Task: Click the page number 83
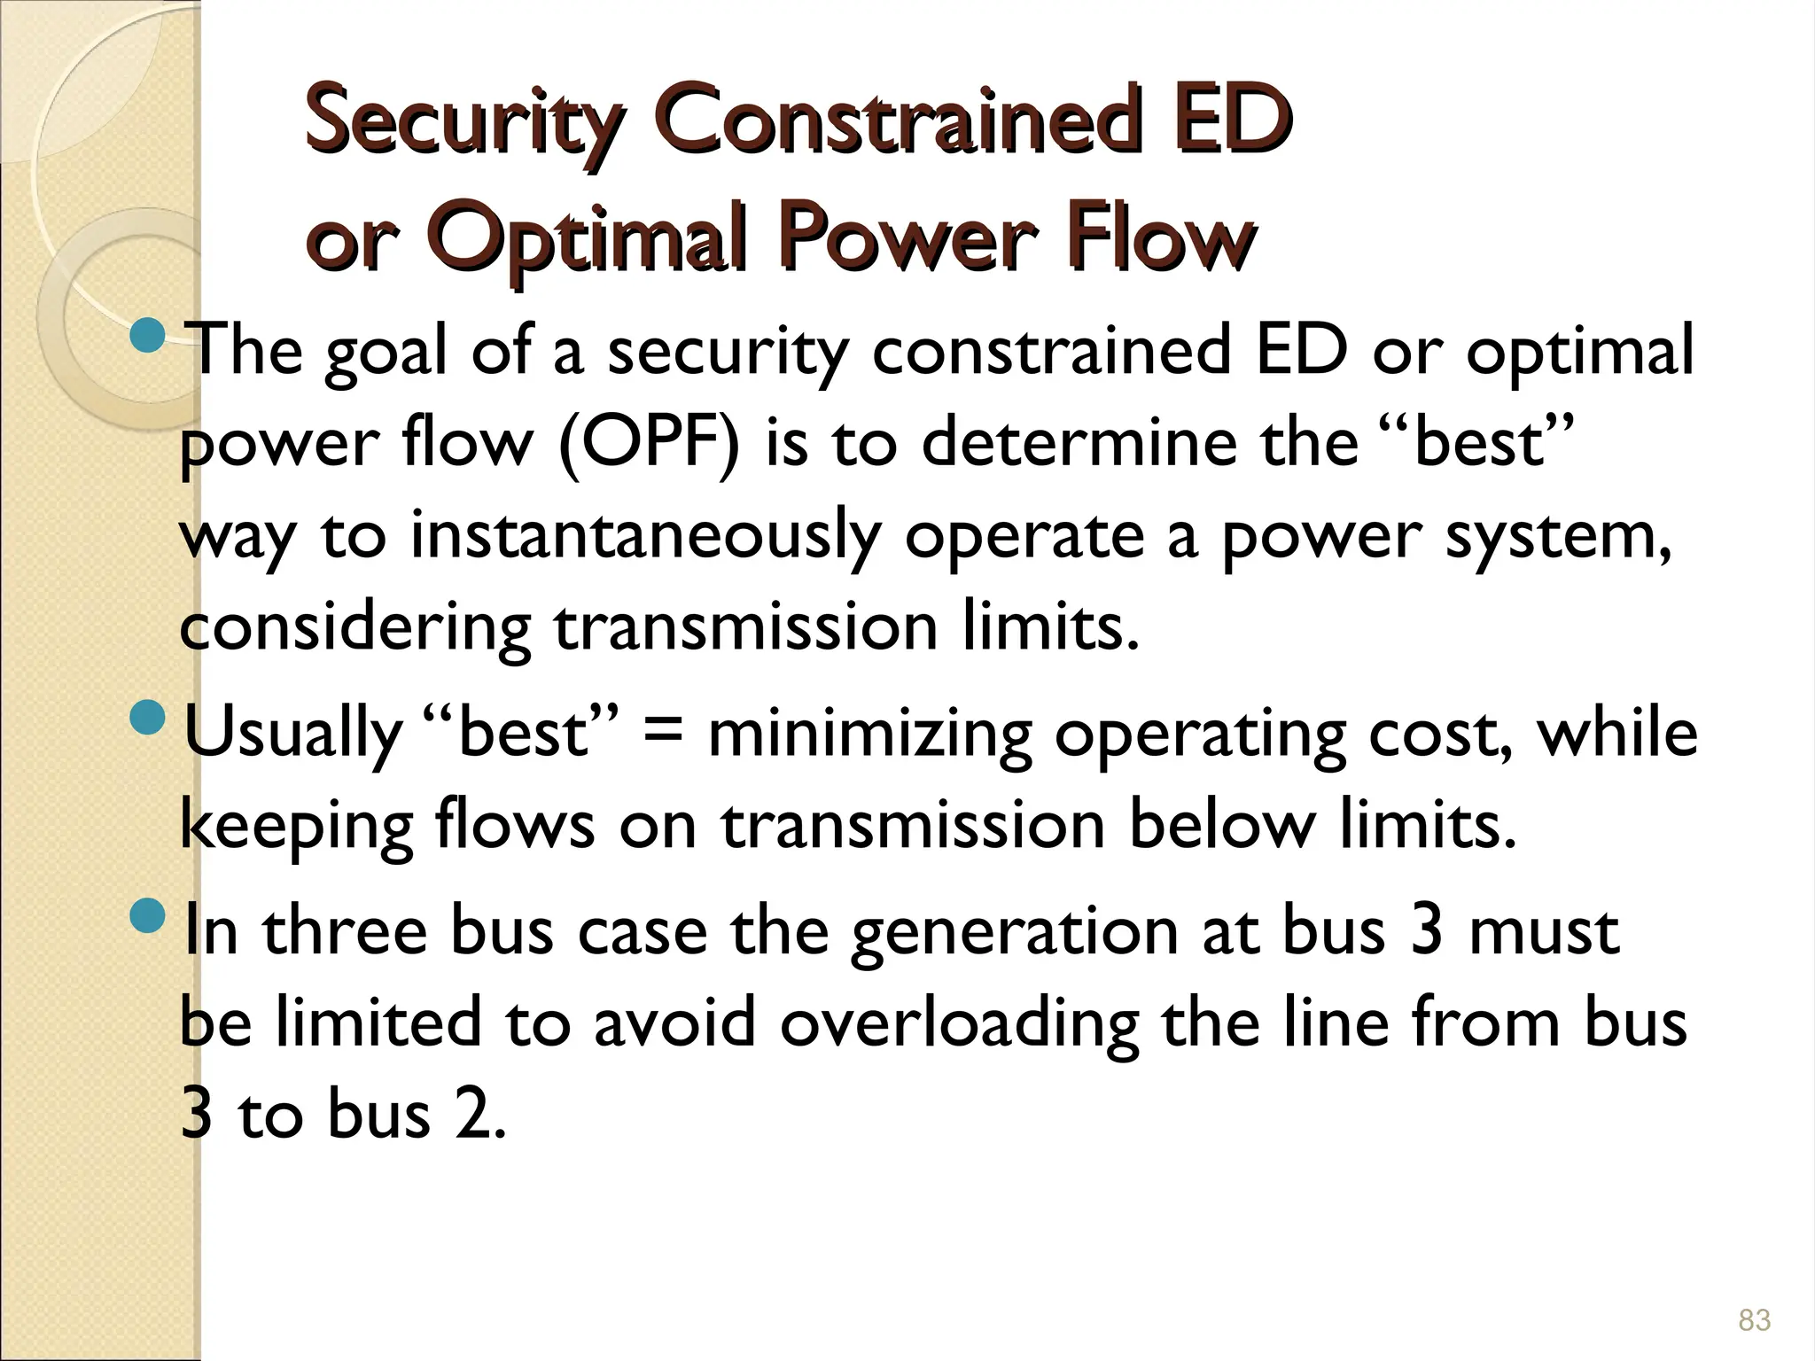pos(1754,1320)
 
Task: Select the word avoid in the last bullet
pos(674,1023)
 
